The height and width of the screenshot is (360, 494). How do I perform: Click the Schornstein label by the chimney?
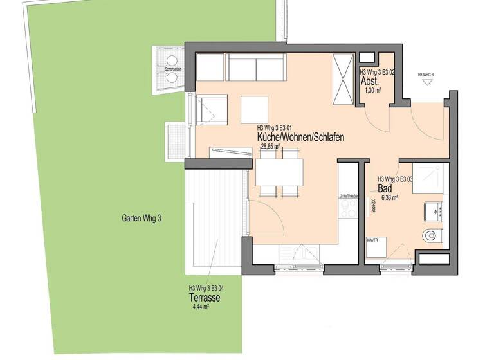(x=172, y=69)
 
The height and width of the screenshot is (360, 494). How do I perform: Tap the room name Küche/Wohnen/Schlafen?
(x=300, y=138)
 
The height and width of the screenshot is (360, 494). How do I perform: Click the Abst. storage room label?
(x=369, y=82)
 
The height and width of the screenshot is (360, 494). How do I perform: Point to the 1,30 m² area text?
(x=372, y=91)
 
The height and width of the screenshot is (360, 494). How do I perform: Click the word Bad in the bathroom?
(x=385, y=189)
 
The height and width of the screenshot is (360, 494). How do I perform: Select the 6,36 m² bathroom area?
(x=389, y=198)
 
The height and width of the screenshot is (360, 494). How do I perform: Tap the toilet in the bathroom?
(x=431, y=235)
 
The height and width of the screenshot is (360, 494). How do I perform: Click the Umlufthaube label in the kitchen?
(x=348, y=195)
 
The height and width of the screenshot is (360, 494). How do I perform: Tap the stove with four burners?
(x=348, y=209)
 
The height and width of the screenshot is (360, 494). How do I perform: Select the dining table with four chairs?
(x=280, y=172)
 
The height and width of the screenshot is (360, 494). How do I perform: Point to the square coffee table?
(x=254, y=109)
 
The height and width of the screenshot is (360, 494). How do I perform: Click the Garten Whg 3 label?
(x=142, y=218)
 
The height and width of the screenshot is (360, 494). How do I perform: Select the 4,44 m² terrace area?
(x=201, y=307)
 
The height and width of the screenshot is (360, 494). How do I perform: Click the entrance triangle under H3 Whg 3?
(x=426, y=83)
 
